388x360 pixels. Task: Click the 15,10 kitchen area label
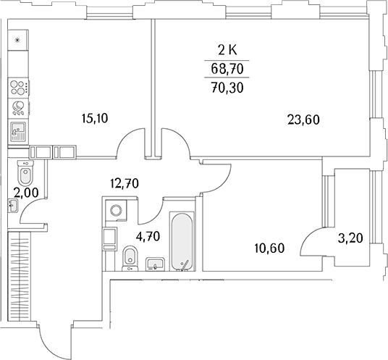[95, 118]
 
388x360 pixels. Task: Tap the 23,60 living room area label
[303, 120]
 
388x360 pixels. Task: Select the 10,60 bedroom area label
[269, 248]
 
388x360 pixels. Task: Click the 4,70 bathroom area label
[148, 236]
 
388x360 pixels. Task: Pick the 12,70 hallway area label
[125, 183]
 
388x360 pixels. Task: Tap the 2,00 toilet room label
[26, 193]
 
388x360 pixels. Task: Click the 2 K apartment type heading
[227, 51]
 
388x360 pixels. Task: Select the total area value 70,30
[227, 88]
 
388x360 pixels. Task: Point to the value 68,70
[227, 69]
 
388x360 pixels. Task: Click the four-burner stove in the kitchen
[19, 88]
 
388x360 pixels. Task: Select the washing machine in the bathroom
[116, 211]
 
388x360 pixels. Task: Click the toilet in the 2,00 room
[25, 172]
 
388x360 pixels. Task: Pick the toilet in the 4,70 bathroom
[130, 257]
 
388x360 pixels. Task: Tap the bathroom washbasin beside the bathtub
[155, 264]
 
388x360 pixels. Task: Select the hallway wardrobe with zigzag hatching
[19, 277]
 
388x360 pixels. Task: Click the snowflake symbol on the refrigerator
[17, 40]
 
